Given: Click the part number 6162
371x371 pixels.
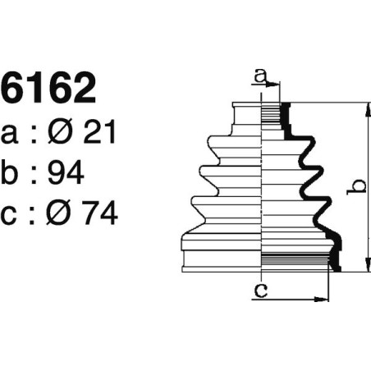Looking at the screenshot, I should pos(49,89).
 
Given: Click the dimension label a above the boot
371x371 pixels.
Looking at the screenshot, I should pos(259,76).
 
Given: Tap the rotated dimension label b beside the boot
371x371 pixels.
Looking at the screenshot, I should pos(355,187).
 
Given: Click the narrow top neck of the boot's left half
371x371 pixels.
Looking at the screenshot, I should pos(247,114).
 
